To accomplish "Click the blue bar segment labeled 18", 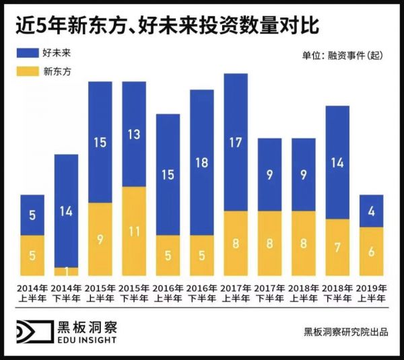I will click(x=201, y=162).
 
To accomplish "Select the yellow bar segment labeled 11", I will click(x=134, y=231).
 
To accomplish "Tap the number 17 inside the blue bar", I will click(x=235, y=142).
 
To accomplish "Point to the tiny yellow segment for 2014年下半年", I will click(x=66, y=271).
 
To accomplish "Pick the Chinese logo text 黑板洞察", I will click(x=87, y=328).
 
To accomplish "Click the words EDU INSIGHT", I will click(x=87, y=340).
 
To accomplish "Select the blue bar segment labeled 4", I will click(x=371, y=211).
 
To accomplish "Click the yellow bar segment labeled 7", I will click(x=337, y=247).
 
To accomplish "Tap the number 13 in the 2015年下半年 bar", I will click(x=134, y=134).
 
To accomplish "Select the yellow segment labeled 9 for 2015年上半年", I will click(x=100, y=239).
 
